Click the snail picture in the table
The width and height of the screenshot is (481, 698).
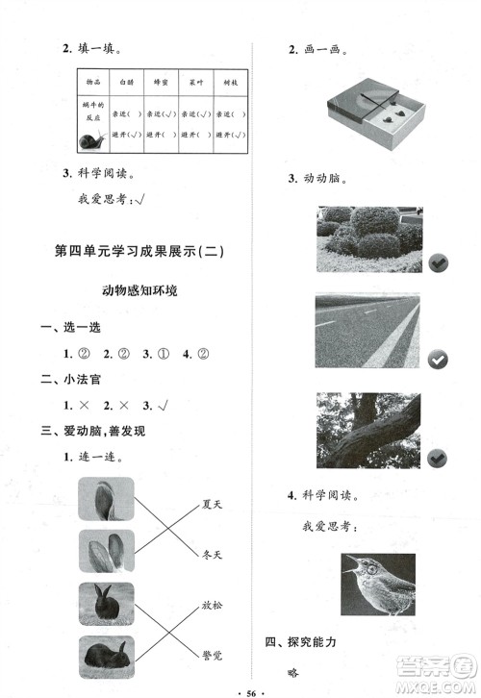click(x=92, y=141)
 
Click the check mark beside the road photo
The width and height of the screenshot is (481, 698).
click(x=438, y=359)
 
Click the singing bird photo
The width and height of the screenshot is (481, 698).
click(x=378, y=584)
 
